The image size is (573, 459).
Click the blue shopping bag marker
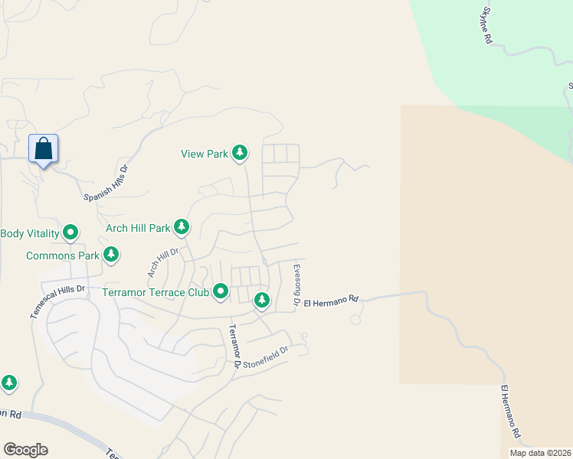pyautogui.click(x=44, y=148)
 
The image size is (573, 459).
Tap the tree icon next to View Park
pyautogui.click(x=240, y=154)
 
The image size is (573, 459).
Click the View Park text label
pyautogui.click(x=205, y=154)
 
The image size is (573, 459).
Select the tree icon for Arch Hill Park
pyautogui.click(x=182, y=227)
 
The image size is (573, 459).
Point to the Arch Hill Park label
pyautogui.click(x=138, y=228)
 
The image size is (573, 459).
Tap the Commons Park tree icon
pyautogui.click(x=111, y=254)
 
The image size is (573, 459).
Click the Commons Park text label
pyautogui.click(x=63, y=256)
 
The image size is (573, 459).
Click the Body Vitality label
pyautogui.click(x=29, y=233)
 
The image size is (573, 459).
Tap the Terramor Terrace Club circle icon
pyautogui.click(x=221, y=291)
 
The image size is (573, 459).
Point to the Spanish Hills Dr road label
pyautogui.click(x=106, y=183)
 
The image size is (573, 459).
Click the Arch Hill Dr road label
pyautogui.click(x=162, y=262)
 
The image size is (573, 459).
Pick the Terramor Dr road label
pyautogui.click(x=234, y=348)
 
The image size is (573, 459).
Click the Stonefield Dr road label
pyautogui.click(x=267, y=355)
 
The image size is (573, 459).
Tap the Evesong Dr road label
pyautogui.click(x=296, y=286)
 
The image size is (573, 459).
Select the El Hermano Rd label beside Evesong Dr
pyautogui.click(x=331, y=302)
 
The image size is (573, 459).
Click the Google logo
pyautogui.click(x=25, y=450)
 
